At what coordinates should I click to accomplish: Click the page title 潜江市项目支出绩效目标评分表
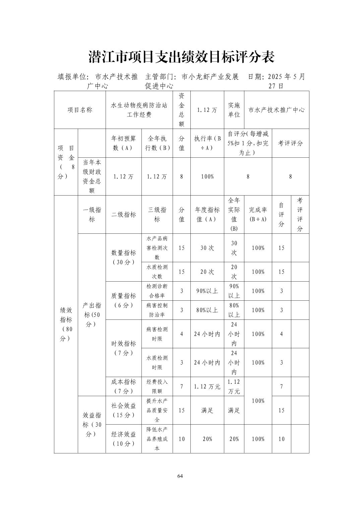pyautogui.click(x=181, y=57)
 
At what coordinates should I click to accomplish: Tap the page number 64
pyautogui.click(x=180, y=476)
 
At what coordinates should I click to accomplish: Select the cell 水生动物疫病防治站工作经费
pyautogui.click(x=139, y=110)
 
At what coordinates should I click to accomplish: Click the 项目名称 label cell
pyautogui.click(x=80, y=110)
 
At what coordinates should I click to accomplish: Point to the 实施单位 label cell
pyautogui.click(x=234, y=110)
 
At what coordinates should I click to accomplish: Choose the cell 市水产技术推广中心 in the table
pyautogui.click(x=277, y=110)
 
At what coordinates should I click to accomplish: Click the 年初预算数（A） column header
pyautogui.click(x=123, y=143)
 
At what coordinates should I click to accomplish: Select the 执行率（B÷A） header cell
pyautogui.click(x=207, y=143)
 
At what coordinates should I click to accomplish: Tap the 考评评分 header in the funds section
pyautogui.click(x=290, y=143)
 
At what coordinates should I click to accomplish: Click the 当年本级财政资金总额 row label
pyautogui.click(x=92, y=176)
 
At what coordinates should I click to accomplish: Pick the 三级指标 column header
pyautogui.click(x=157, y=215)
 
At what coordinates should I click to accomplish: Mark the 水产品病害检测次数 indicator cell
pyautogui.click(x=157, y=248)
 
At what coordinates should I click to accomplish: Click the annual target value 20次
pyautogui.click(x=207, y=272)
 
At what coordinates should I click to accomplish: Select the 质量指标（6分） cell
pyautogui.click(x=123, y=300)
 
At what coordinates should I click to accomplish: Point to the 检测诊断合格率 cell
pyautogui.click(x=157, y=291)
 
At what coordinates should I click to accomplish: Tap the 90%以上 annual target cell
pyautogui.click(x=207, y=291)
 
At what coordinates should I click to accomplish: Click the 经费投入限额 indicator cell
pyautogui.click(x=157, y=386)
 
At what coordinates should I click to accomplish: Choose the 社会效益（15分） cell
pyautogui.click(x=123, y=410)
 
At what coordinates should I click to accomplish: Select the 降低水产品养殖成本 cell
pyautogui.click(x=157, y=439)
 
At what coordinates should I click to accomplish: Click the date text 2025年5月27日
pyautogui.click(x=277, y=81)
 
